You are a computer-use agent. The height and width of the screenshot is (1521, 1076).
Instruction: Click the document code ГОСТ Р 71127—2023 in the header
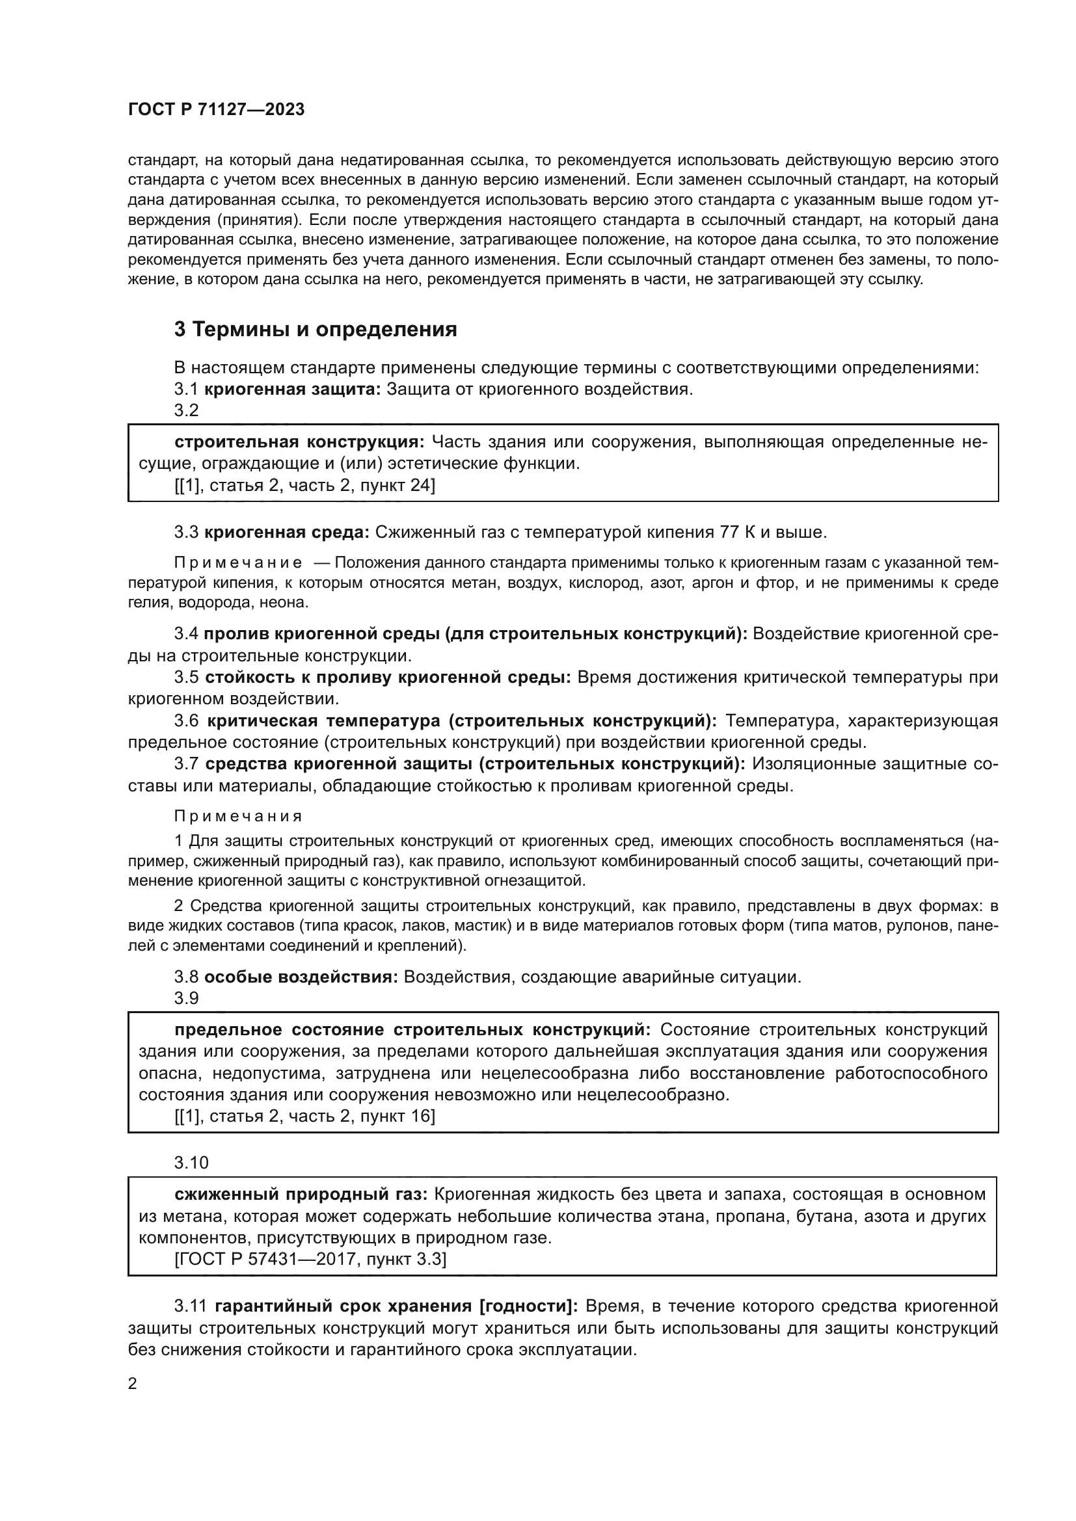216,109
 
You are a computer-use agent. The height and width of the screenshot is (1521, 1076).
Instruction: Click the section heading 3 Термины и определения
316,329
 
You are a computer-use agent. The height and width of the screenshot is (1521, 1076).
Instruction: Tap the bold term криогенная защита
292,389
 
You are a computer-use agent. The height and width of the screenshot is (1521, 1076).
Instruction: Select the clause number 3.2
186,411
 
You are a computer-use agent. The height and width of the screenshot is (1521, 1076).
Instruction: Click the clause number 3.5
186,677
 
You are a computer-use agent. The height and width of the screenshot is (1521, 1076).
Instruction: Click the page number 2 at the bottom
133,1384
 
